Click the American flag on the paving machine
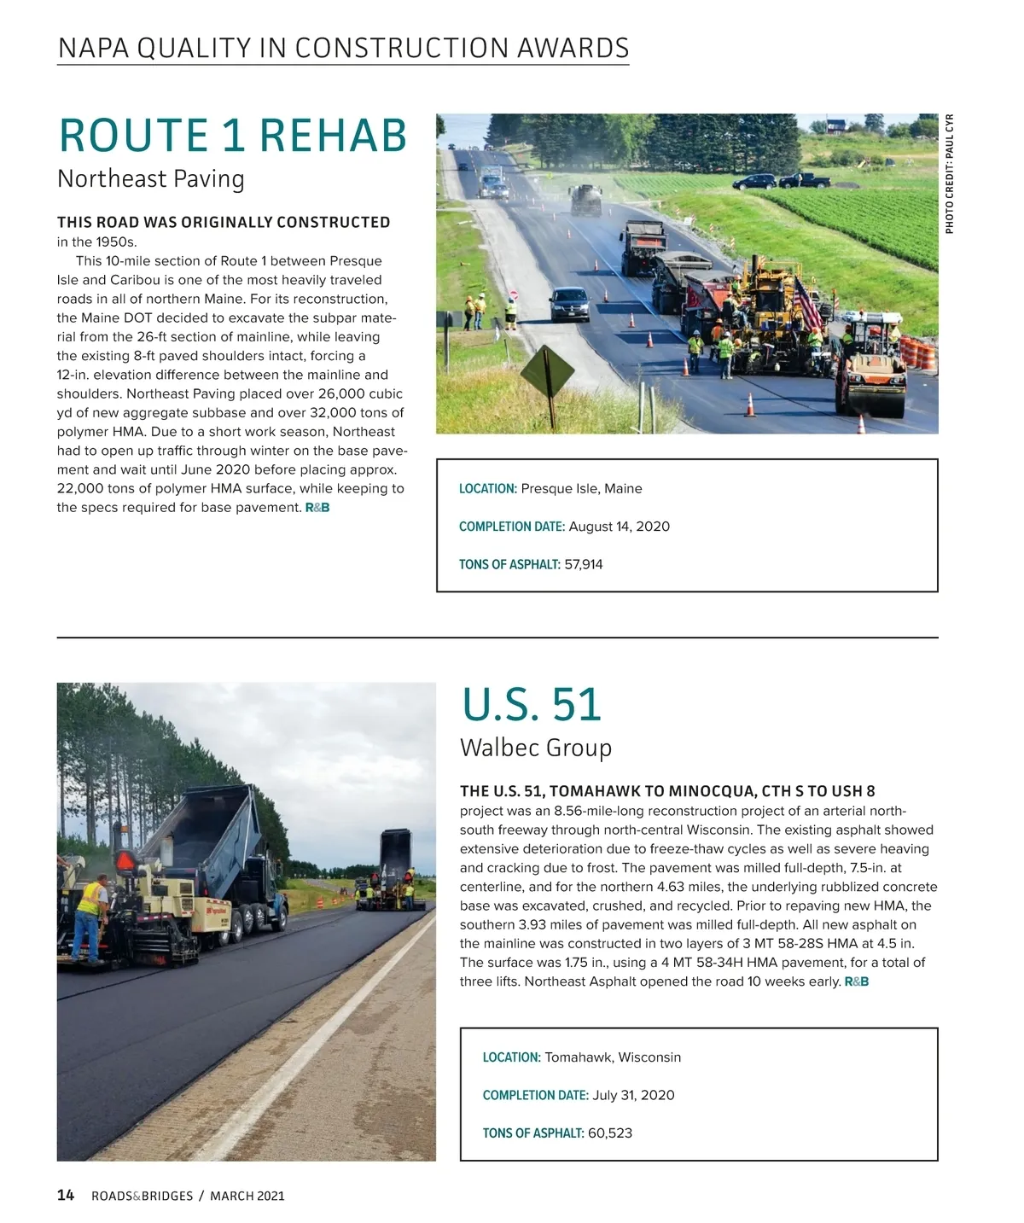coord(808,303)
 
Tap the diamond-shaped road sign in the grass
coord(548,370)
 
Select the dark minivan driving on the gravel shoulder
coord(569,304)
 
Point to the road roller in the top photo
coord(871,367)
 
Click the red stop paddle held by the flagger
coord(513,294)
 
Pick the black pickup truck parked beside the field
coord(803,180)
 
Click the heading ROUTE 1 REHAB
coord(232,137)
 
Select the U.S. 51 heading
coord(531,706)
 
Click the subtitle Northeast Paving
coord(151,179)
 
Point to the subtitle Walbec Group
coord(536,748)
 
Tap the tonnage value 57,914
coord(584,564)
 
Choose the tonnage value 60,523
coord(610,1133)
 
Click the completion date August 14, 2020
coord(619,527)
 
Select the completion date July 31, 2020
coord(633,1095)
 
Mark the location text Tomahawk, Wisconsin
coord(613,1057)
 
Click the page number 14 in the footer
coord(66,1196)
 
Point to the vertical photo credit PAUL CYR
coord(950,173)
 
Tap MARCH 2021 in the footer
coord(247,1197)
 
